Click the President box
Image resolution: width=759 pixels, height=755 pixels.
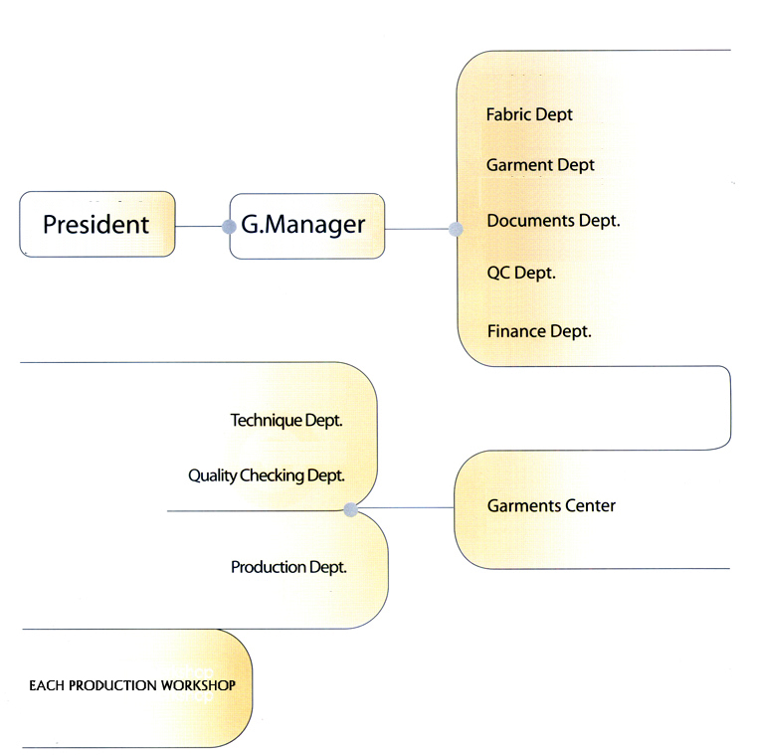coord(96,225)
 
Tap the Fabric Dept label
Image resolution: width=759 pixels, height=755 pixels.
coord(529,114)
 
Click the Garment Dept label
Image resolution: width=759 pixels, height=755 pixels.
coord(540,165)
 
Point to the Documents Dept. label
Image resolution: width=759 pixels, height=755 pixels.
coord(553,221)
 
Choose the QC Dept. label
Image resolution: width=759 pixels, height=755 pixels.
coord(521,273)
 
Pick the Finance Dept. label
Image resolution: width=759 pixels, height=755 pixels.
coord(539,331)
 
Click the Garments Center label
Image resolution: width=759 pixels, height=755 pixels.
coord(551,506)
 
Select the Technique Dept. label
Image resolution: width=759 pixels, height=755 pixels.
coord(286,421)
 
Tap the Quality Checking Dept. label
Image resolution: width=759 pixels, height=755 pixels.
coord(267,475)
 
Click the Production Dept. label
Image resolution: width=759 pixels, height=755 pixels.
coord(288,567)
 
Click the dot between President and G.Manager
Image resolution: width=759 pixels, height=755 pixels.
coord(230,226)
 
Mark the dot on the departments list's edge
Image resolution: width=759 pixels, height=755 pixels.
coord(456,229)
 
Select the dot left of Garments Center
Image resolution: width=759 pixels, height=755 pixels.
coord(350,509)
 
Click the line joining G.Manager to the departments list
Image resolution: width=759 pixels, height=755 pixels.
coord(418,229)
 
